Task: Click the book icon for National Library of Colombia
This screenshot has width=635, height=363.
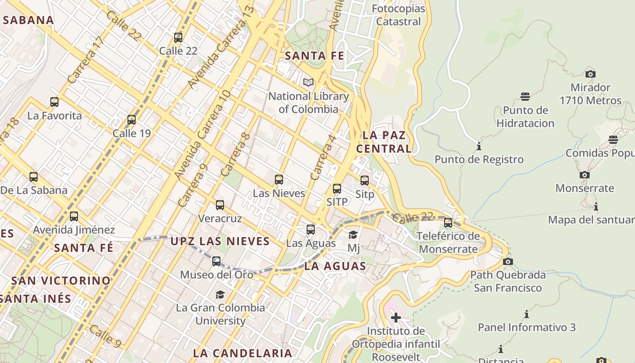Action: pyautogui.click(x=308, y=83)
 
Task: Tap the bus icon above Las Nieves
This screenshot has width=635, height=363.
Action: pyautogui.click(x=279, y=180)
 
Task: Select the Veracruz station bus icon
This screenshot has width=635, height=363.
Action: pyautogui.click(x=220, y=205)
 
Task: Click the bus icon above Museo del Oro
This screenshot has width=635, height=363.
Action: pyautogui.click(x=216, y=261)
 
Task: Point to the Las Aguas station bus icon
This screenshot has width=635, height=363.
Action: pyautogui.click(x=311, y=230)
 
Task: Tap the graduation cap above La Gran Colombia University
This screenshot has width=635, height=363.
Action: pyautogui.click(x=220, y=294)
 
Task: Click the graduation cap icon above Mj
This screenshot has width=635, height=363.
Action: pyautogui.click(x=353, y=235)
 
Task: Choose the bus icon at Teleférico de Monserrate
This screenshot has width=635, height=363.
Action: pyautogui.click(x=448, y=223)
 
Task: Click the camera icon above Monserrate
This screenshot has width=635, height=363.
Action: pyautogui.click(x=585, y=175)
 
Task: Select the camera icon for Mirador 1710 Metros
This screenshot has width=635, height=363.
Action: pyautogui.click(x=590, y=74)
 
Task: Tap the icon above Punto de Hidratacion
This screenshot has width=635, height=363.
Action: pyautogui.click(x=525, y=97)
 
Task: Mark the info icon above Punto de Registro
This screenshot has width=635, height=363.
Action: pyautogui.click(x=479, y=146)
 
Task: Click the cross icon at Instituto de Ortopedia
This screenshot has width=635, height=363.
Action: pyautogui.click(x=396, y=318)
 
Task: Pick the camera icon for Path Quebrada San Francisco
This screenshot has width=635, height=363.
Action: pyautogui.click(x=508, y=261)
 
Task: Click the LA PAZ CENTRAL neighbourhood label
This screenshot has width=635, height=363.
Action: pyautogui.click(x=384, y=142)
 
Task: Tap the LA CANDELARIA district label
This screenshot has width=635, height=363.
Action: pyautogui.click(x=243, y=353)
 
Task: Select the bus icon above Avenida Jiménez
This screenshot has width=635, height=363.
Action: pyautogui.click(x=74, y=216)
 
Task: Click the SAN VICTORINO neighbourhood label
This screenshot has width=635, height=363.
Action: pyautogui.click(x=61, y=280)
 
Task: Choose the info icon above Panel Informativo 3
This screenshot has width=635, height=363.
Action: pyautogui.click(x=526, y=314)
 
